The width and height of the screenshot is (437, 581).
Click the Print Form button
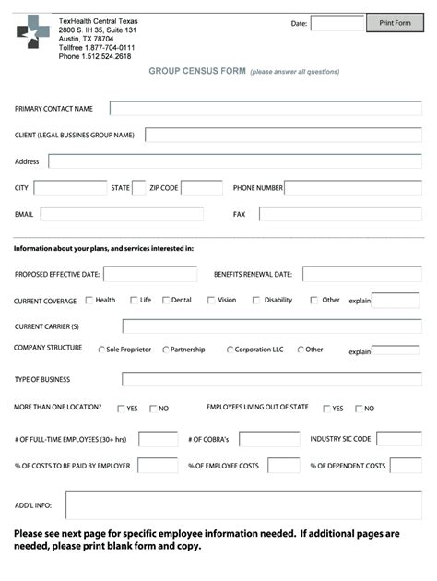point(395,23)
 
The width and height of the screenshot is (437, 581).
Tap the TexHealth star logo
point(33,32)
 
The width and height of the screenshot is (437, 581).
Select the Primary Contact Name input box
point(265,109)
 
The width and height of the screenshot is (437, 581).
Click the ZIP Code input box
point(201,188)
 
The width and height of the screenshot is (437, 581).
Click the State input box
point(138,188)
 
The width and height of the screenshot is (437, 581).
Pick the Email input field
point(121,214)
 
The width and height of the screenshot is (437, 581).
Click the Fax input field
point(339,214)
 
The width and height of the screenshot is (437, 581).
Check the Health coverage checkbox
point(89,300)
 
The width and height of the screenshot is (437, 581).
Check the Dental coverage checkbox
point(166,300)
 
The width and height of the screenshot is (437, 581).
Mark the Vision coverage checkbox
point(211,300)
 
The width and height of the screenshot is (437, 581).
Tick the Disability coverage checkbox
point(256,300)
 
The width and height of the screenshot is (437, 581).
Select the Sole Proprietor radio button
point(101,350)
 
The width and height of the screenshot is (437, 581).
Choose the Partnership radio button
point(166,350)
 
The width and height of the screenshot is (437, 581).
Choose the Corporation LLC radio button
point(230,350)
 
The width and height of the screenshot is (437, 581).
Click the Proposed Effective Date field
point(150,274)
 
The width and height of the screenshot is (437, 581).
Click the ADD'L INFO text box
point(243,505)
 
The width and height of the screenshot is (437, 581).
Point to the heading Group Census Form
point(197,71)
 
